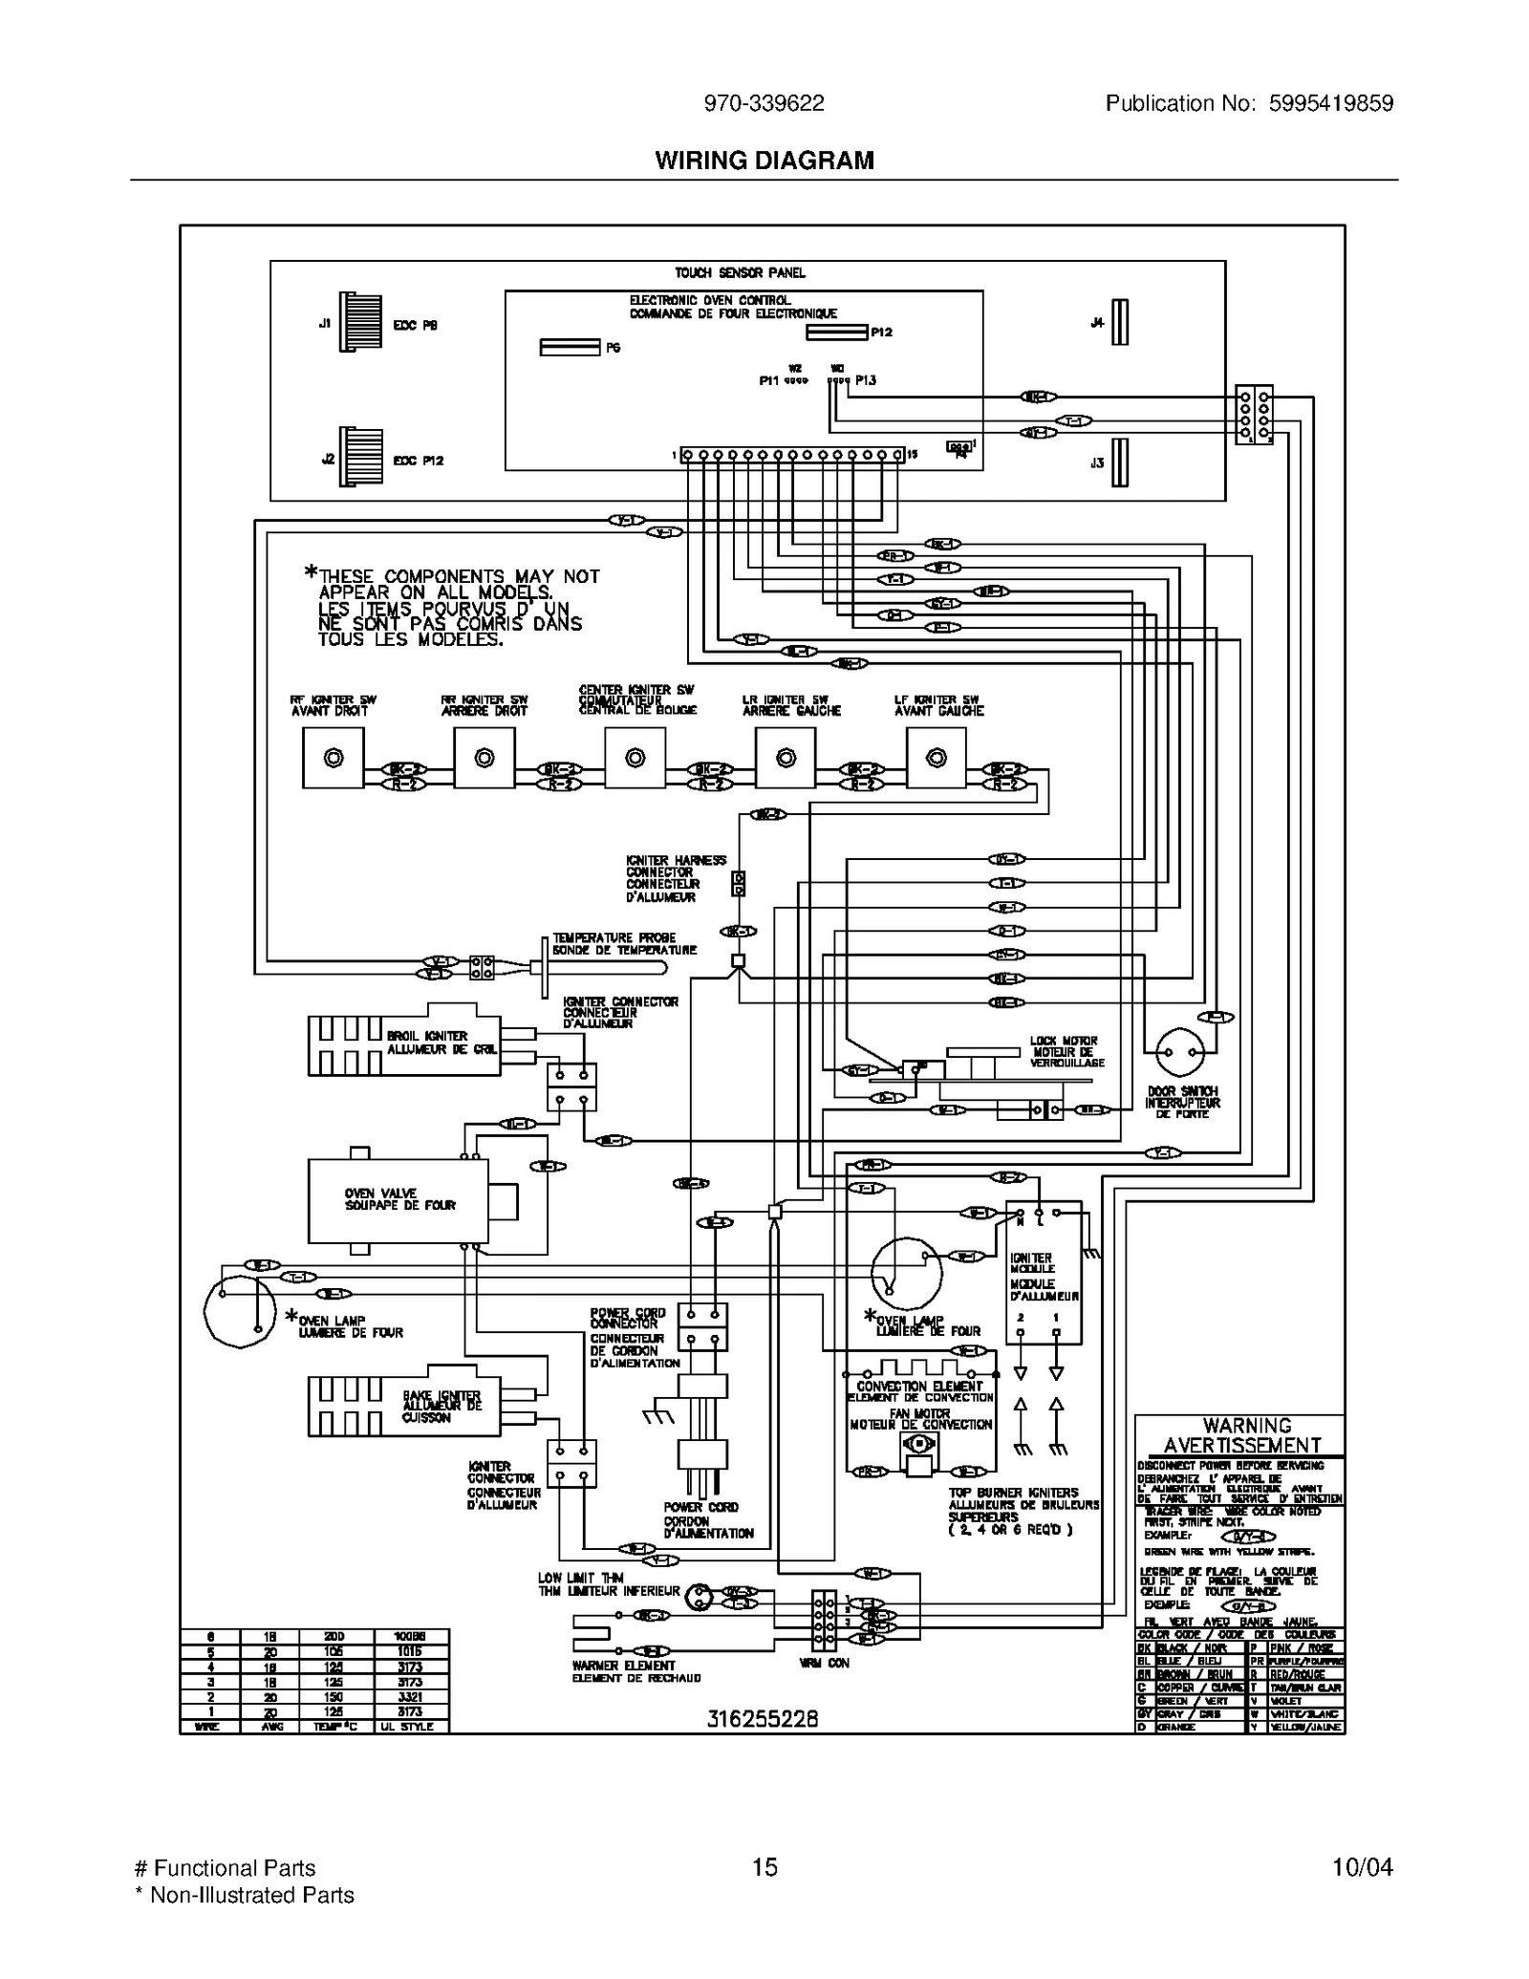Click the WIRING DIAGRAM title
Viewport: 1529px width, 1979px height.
(x=764, y=161)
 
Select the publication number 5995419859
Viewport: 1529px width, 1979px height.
(x=1330, y=103)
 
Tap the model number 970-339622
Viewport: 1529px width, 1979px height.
(x=764, y=103)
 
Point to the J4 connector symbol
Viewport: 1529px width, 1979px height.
(x=1120, y=322)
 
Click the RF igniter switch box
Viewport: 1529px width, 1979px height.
(x=333, y=758)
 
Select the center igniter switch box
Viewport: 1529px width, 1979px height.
(x=635, y=758)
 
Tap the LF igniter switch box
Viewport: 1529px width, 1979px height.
(x=937, y=758)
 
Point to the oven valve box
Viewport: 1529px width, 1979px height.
(x=398, y=1200)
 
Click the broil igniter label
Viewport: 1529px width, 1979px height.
(x=441, y=1042)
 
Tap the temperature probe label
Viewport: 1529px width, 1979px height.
(x=624, y=943)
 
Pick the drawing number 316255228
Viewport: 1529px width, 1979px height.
(x=763, y=1719)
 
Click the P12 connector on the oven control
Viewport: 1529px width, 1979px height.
(x=837, y=332)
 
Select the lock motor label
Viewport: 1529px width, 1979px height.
(x=1066, y=1051)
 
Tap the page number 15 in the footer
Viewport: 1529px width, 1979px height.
(x=764, y=1867)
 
